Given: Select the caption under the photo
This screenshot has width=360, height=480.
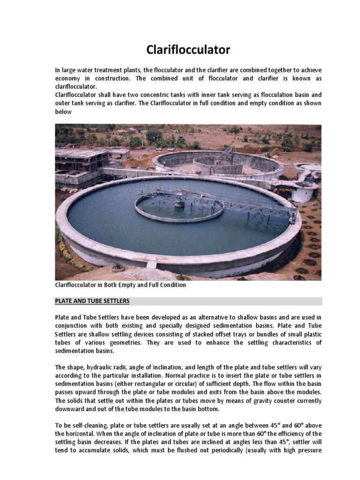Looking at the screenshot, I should (x=120, y=285).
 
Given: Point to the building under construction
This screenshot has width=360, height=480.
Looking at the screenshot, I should (x=80, y=162).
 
